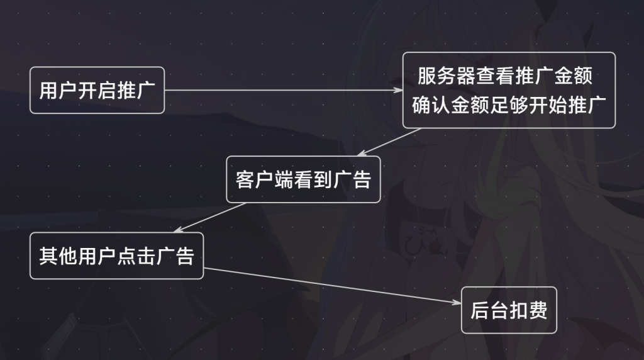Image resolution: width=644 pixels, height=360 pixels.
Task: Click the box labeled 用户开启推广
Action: pyautogui.click(x=97, y=90)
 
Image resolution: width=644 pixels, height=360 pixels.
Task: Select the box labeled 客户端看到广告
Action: pyautogui.click(x=303, y=179)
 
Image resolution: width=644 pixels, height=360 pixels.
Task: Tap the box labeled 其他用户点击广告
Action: pyautogui.click(x=116, y=256)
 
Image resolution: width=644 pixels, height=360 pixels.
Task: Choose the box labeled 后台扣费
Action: pyautogui.click(x=509, y=310)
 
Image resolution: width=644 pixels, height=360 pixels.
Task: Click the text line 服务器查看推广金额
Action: pyautogui.click(x=505, y=77)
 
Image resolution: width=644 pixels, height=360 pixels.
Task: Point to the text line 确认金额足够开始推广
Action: pyautogui.click(x=508, y=104)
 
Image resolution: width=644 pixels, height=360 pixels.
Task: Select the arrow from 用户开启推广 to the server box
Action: pyautogui.click(x=283, y=90)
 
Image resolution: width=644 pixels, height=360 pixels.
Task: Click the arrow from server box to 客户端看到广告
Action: pyautogui.click(x=388, y=142)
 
